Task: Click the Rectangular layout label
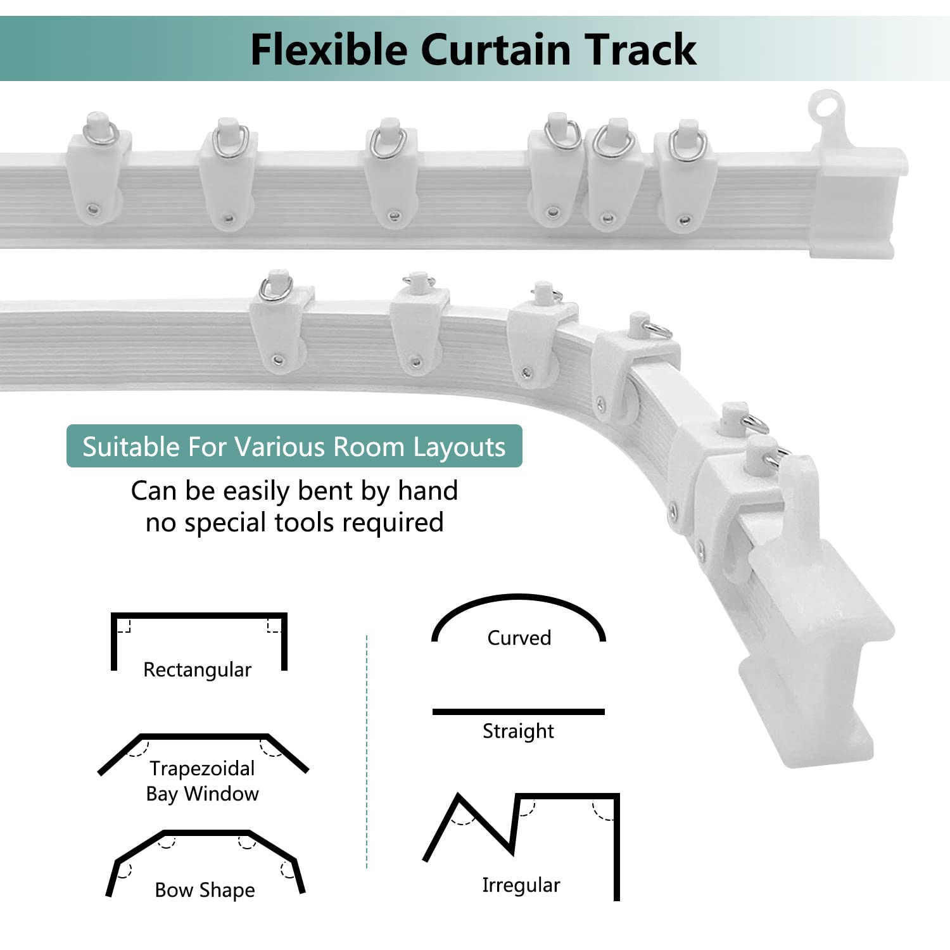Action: point(197,669)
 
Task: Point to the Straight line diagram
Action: point(518,712)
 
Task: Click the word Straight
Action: point(518,731)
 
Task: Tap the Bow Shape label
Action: point(205,890)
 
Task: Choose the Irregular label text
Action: point(521,885)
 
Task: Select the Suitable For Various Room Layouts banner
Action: point(294,446)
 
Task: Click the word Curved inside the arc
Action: point(519,637)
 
